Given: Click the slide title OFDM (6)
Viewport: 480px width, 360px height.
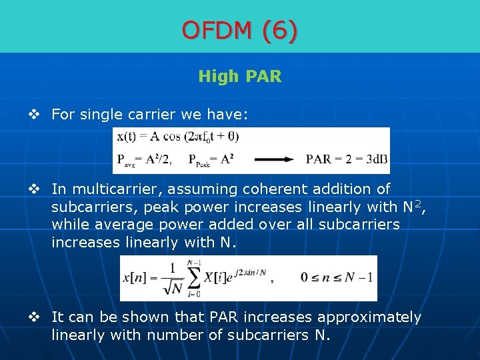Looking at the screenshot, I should click(240, 30).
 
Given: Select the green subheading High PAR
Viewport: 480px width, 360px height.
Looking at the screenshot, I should click(240, 77).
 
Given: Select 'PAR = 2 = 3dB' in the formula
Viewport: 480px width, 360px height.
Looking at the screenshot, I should click(347, 159).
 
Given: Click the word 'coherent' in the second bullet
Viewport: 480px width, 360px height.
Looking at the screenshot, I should click(264, 189).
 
